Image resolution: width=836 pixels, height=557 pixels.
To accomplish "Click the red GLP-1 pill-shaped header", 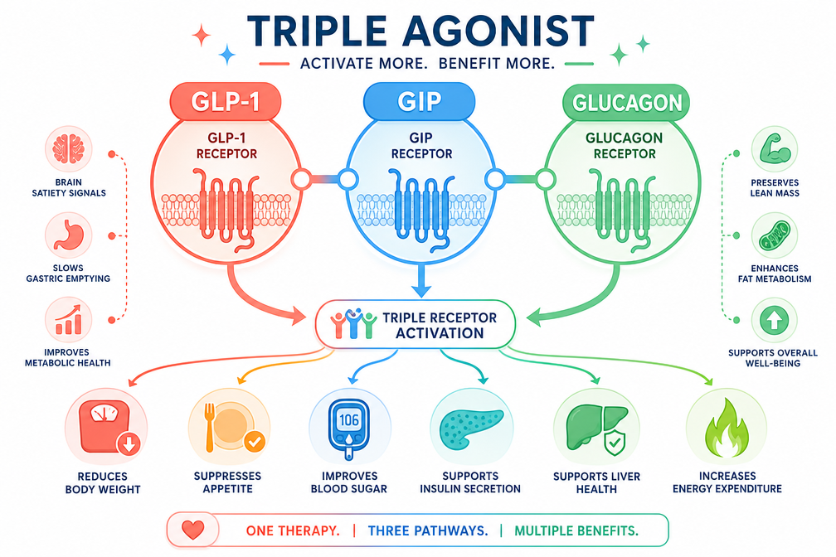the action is tap(226, 101).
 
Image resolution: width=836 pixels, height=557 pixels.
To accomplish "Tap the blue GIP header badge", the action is tap(419, 101).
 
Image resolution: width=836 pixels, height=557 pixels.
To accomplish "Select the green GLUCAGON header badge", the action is tap(626, 102).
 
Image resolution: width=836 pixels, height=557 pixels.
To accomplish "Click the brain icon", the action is tap(68, 149).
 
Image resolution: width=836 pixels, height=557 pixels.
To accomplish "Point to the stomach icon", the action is tap(68, 235).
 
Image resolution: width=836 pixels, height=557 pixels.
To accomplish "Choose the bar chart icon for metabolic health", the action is tap(68, 320).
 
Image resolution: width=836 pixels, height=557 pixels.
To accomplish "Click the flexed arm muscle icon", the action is tap(774, 149).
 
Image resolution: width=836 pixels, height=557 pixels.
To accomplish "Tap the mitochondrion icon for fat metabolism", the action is tap(774, 235).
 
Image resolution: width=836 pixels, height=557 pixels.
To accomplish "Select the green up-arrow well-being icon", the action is tap(774, 320).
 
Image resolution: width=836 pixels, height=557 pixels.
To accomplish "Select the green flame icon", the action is tap(727, 429).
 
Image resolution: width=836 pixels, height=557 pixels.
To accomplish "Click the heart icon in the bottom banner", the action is tap(193, 530).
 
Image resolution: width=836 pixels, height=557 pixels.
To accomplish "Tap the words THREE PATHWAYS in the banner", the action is tap(428, 530).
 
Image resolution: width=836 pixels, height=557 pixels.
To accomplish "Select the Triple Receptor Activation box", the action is tap(416, 325).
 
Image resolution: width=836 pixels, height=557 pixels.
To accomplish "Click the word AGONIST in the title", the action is tap(498, 31).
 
